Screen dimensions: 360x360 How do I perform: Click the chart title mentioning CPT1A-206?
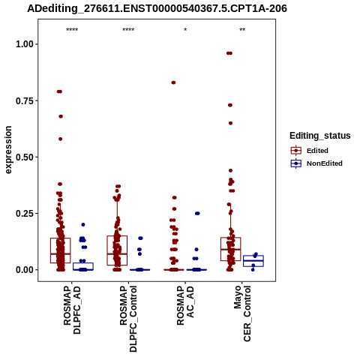point(157,8)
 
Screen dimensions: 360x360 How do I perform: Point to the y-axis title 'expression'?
point(8,150)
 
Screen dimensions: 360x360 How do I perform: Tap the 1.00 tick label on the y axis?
point(25,44)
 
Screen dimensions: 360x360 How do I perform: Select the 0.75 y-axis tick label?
point(25,100)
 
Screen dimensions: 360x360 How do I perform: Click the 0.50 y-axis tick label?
point(25,157)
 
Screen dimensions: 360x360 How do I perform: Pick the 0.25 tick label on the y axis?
point(25,214)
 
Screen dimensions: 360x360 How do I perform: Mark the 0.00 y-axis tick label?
point(25,270)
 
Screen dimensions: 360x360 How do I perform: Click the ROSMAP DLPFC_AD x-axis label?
point(72,310)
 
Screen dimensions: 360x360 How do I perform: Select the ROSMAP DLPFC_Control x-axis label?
point(128,319)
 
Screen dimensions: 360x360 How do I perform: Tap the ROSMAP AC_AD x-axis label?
point(185,305)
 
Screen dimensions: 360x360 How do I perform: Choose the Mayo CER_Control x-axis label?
point(242,313)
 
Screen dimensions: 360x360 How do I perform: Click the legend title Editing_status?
point(320,136)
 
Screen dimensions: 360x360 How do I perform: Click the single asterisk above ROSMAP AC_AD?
point(185,30)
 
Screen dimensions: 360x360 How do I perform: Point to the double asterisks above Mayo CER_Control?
point(242,30)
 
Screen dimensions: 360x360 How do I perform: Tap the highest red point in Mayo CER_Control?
point(229,53)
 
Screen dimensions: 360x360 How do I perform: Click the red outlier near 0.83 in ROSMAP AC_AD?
point(173,82)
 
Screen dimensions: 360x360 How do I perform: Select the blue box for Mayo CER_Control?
point(253,261)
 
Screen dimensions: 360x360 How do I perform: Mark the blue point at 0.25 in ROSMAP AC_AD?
point(197,213)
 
